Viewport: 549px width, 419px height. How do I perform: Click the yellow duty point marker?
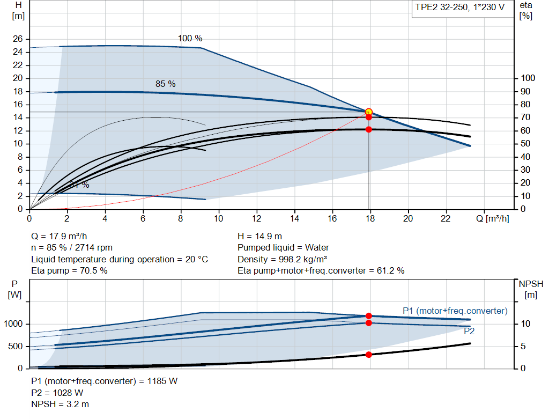click(368, 112)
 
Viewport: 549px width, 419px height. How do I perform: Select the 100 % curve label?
click(190, 39)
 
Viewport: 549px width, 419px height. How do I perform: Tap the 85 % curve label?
click(165, 84)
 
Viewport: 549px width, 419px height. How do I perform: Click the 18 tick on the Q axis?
click(369, 218)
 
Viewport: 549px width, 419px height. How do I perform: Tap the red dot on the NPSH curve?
click(368, 355)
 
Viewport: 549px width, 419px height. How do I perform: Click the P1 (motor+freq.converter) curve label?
click(455, 311)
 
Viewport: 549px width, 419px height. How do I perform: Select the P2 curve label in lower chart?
click(469, 332)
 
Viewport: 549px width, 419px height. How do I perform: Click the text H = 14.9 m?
click(259, 236)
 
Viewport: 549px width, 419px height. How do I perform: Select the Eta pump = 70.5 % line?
click(69, 270)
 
